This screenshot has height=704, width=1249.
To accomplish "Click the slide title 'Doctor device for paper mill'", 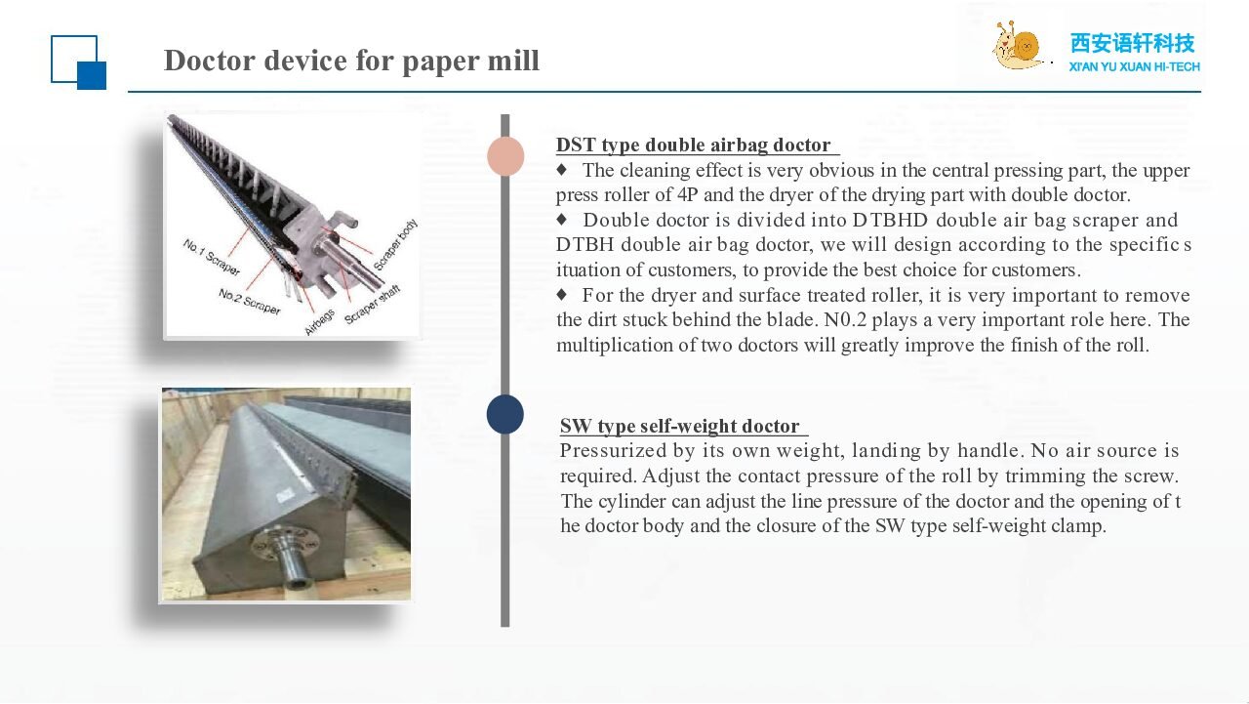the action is [x=351, y=61].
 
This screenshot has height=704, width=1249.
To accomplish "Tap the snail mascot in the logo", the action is [x=1018, y=46].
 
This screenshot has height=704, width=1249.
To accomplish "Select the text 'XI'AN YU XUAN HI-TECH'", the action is [x=1134, y=67].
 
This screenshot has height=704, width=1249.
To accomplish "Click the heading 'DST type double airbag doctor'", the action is [x=693, y=145].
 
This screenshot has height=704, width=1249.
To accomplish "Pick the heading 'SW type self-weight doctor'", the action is [x=680, y=426].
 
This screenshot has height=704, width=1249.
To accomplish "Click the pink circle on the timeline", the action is [x=505, y=156].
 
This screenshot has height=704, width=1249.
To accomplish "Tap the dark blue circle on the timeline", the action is [x=505, y=414].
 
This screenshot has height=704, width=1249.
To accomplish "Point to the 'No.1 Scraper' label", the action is [x=212, y=257].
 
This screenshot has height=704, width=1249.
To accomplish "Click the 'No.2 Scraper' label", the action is [x=249, y=302].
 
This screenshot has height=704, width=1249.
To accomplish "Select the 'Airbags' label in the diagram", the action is [x=319, y=322].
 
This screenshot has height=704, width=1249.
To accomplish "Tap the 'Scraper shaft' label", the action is [x=372, y=304].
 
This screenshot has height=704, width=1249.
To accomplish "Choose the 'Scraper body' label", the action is [x=395, y=245].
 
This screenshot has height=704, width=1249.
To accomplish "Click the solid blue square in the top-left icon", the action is [x=92, y=76].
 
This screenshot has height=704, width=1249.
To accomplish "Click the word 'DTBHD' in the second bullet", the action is [x=890, y=220].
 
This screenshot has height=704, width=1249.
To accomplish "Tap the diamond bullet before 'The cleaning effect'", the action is [x=561, y=169].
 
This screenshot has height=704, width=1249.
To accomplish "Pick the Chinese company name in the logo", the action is [x=1133, y=43].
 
